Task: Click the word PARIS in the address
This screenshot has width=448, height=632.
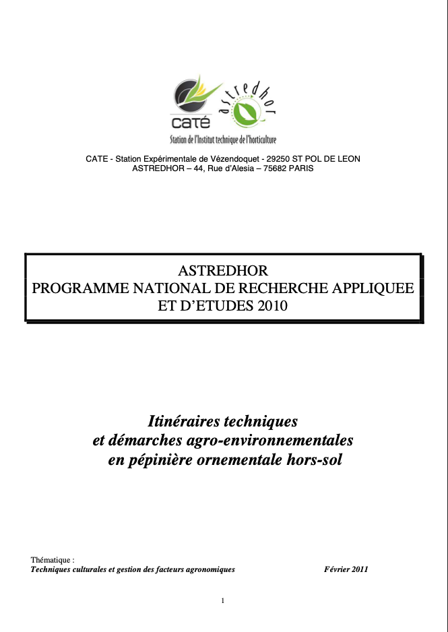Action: coord(301,168)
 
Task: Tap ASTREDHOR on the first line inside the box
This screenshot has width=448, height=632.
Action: coord(223,271)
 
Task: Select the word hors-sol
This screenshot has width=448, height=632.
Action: coord(314,462)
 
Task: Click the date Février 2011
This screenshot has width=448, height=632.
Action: coord(346,569)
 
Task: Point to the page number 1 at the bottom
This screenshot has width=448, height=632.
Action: coord(223,601)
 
